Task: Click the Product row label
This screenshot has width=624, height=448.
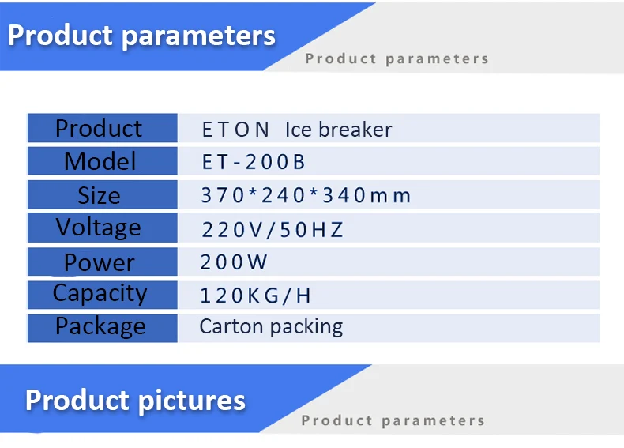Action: (99, 128)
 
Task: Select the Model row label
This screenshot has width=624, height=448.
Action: (100, 161)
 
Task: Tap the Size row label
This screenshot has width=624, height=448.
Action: (99, 195)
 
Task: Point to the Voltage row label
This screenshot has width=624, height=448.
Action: (99, 228)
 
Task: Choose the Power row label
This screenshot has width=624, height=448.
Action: (99, 262)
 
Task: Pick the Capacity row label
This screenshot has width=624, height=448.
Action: (100, 294)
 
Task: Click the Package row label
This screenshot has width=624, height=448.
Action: (100, 326)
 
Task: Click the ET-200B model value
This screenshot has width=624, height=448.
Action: (253, 162)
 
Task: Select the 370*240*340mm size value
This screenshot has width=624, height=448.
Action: (306, 195)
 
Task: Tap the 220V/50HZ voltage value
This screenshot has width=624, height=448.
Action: (273, 229)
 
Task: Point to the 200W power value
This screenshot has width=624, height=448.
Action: (234, 262)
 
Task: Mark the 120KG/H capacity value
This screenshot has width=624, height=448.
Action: (255, 296)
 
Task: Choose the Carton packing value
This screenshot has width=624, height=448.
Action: (271, 326)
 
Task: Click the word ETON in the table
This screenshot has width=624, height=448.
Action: (235, 130)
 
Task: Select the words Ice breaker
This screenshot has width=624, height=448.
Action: (338, 130)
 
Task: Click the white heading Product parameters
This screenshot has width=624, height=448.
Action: (142, 35)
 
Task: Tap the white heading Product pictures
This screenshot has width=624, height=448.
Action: (135, 400)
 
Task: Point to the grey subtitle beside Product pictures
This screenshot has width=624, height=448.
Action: (393, 420)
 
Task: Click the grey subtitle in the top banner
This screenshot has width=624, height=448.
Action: (397, 58)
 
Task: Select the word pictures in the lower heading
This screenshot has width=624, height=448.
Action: (191, 400)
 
